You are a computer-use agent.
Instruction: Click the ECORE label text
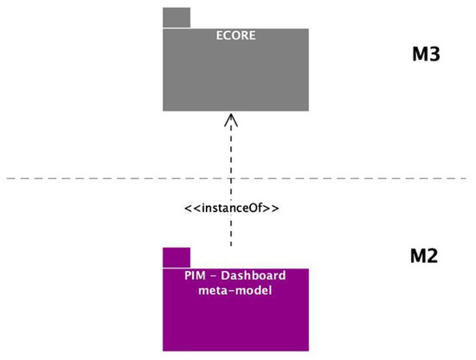235,36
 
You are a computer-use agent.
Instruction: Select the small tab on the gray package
177,17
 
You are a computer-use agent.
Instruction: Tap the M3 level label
426,55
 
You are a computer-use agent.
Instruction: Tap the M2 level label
425,256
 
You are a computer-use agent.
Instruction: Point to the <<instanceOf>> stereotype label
231,209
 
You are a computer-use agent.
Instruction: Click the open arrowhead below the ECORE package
231,121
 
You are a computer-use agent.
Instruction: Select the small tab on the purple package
177,257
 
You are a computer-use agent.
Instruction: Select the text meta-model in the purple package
235,291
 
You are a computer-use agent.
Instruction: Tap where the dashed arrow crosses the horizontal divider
231,179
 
